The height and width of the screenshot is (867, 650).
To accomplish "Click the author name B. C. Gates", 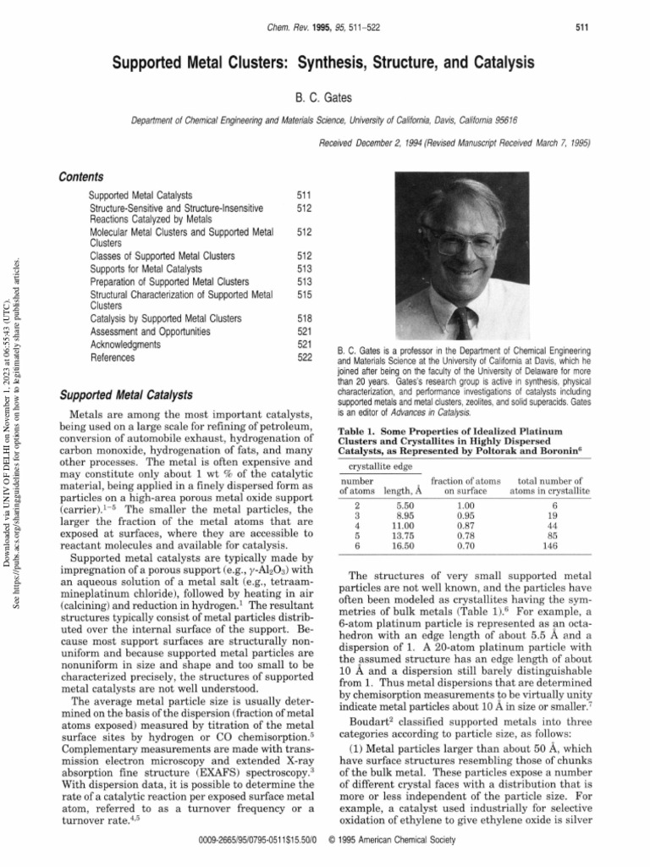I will click(x=325, y=98).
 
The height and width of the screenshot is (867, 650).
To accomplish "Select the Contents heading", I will click(x=80, y=177).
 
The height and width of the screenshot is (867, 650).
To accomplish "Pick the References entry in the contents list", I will click(x=112, y=358).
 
